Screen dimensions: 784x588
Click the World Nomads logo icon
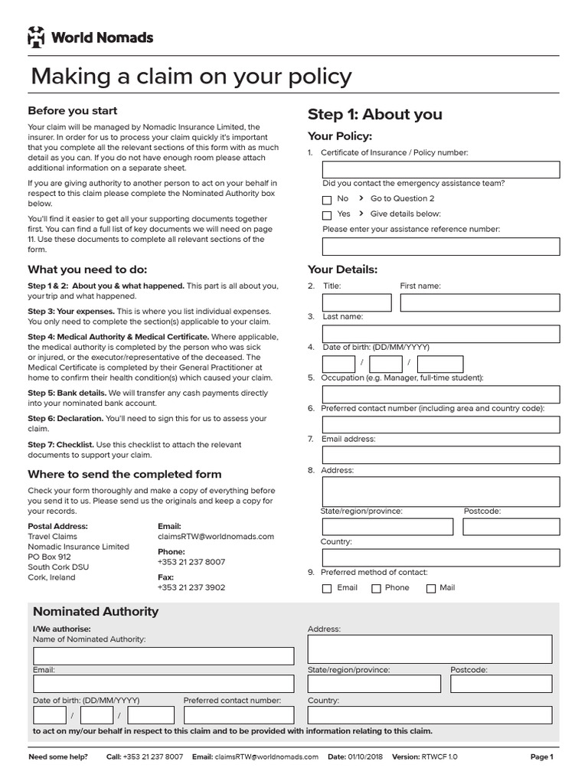click(x=37, y=36)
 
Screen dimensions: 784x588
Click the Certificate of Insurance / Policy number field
click(x=440, y=169)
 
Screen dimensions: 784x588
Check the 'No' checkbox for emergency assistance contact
click(x=327, y=199)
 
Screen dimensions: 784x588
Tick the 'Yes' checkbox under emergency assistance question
click(x=327, y=215)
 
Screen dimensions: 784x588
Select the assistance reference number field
click(x=440, y=246)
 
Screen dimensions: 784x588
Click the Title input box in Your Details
click(x=356, y=302)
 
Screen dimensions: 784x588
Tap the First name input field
click(x=479, y=302)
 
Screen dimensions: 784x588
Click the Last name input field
click(x=440, y=333)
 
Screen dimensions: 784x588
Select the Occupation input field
click(x=440, y=394)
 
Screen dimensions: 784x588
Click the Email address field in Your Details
click(x=440, y=455)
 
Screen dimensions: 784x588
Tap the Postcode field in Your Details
click(x=511, y=526)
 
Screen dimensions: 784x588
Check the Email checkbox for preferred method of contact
click(x=327, y=589)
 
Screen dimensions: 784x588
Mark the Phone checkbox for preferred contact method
click(x=376, y=589)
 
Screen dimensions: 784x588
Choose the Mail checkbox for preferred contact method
click(x=431, y=589)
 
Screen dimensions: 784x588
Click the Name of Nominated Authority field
click(x=163, y=655)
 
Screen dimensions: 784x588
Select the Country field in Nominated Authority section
click(x=430, y=714)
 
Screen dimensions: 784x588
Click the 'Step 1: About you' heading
click(x=374, y=114)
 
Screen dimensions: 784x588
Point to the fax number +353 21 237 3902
click(x=191, y=587)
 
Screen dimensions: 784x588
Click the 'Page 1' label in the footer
click(x=541, y=756)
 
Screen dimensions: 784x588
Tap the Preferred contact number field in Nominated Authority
click(x=238, y=714)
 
